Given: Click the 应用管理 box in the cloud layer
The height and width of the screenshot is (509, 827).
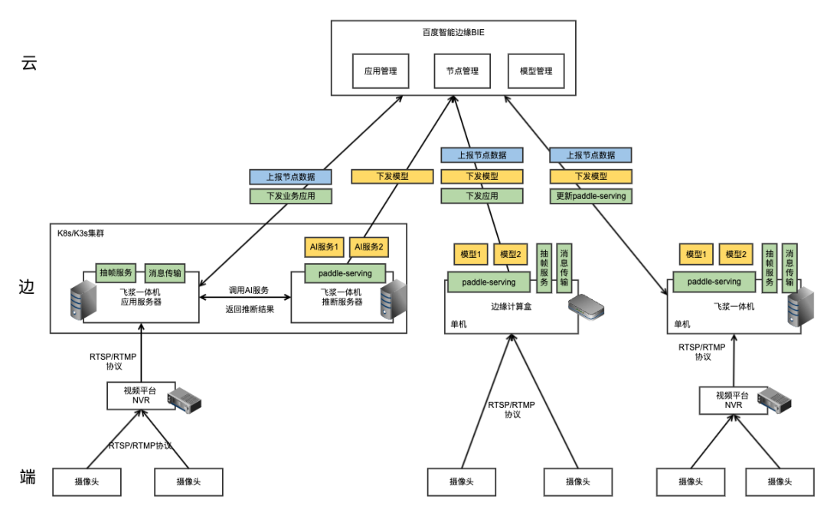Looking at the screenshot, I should click(381, 71).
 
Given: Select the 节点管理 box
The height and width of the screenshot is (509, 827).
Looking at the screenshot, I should click(463, 71).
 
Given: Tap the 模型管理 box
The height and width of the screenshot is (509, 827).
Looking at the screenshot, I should click(536, 71).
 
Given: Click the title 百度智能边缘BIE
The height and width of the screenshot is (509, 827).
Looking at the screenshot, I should click(453, 32).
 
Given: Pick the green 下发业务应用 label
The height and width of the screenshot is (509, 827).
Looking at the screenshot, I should click(290, 196).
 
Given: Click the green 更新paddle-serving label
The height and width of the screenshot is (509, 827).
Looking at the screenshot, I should click(591, 196).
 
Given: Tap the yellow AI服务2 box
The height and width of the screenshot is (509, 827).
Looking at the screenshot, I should click(369, 247).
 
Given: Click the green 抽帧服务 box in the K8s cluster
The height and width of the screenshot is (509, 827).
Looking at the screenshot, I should click(116, 272).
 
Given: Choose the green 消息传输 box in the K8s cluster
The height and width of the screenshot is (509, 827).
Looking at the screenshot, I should click(165, 272).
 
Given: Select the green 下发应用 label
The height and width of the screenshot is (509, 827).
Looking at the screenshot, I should click(482, 196).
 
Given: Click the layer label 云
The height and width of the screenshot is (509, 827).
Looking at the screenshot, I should click(29, 64).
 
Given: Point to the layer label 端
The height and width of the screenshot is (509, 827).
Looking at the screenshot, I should click(28, 478).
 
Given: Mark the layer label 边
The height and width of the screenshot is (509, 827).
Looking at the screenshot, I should click(28, 288).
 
